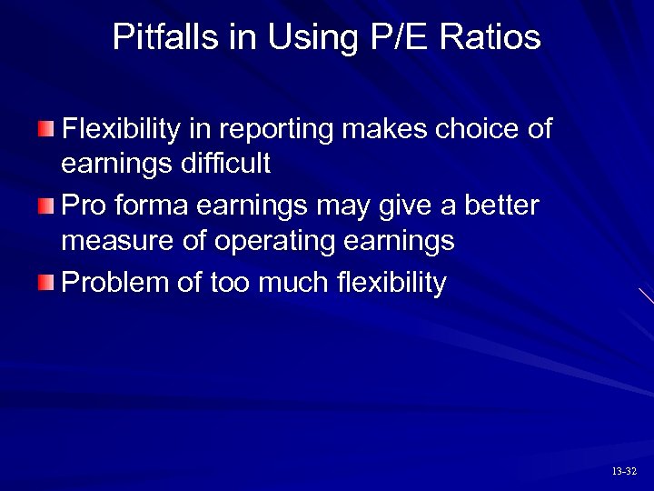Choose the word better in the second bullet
tap(501, 206)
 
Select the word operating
tap(282, 243)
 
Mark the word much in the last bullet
tap(290, 283)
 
